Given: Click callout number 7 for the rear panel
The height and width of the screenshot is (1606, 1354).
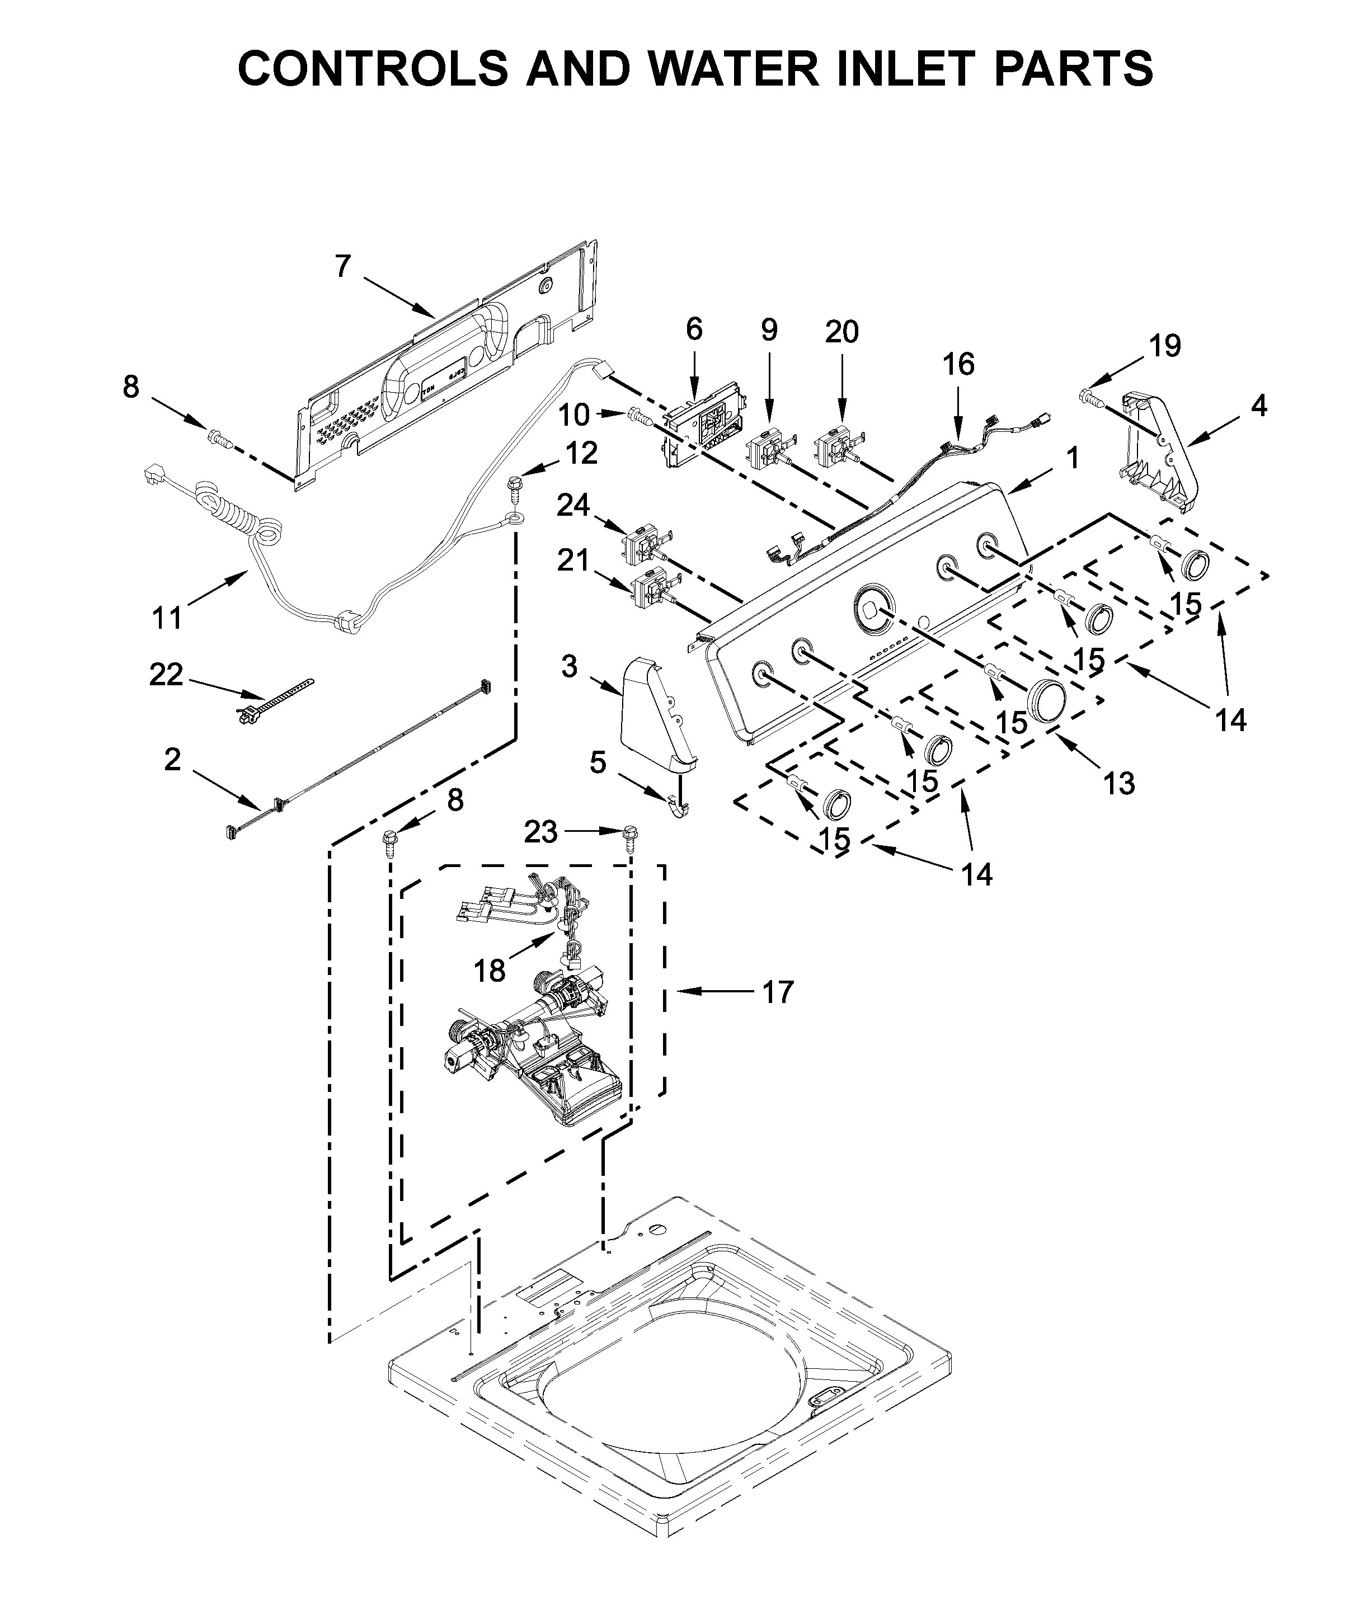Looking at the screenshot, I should click(x=342, y=266).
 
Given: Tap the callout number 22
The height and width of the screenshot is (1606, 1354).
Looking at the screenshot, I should click(x=167, y=675).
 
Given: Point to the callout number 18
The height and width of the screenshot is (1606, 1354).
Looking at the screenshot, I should click(x=490, y=971).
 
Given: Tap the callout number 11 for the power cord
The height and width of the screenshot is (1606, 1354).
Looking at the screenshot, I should click(x=167, y=618).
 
